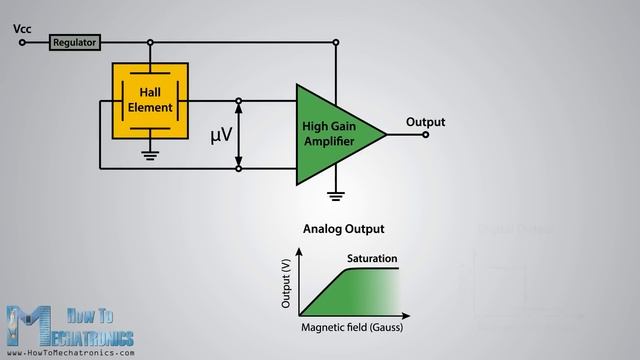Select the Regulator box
click(74, 43)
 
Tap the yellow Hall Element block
click(149, 100)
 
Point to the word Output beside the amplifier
click(425, 122)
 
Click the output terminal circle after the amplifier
click(425, 134)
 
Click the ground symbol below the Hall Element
click(149, 154)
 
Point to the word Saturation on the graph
click(373, 259)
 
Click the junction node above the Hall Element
click(149, 43)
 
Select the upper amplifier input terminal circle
click(238, 100)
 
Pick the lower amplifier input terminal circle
click(238, 168)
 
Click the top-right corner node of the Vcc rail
click(337, 43)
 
